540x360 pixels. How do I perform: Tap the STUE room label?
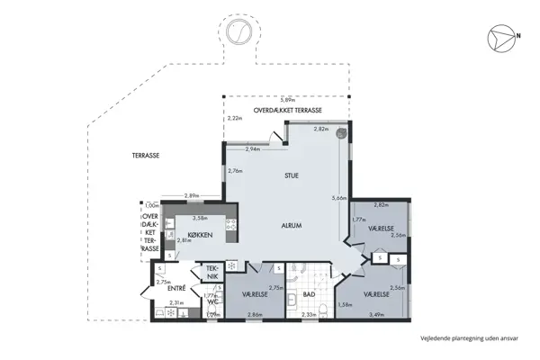click(292, 175)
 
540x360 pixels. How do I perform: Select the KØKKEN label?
click(202, 236)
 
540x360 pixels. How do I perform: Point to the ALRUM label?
click(290, 225)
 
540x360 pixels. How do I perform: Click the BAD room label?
click(307, 294)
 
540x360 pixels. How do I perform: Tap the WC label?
click(212, 302)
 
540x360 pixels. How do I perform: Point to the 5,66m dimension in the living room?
click(338, 199)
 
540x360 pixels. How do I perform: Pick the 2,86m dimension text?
click(255, 315)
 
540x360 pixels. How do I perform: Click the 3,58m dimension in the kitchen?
click(200, 217)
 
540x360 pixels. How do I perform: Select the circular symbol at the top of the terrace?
click(240, 34)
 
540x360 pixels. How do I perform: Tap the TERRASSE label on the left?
click(146, 156)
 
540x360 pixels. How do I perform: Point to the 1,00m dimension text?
click(151, 205)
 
